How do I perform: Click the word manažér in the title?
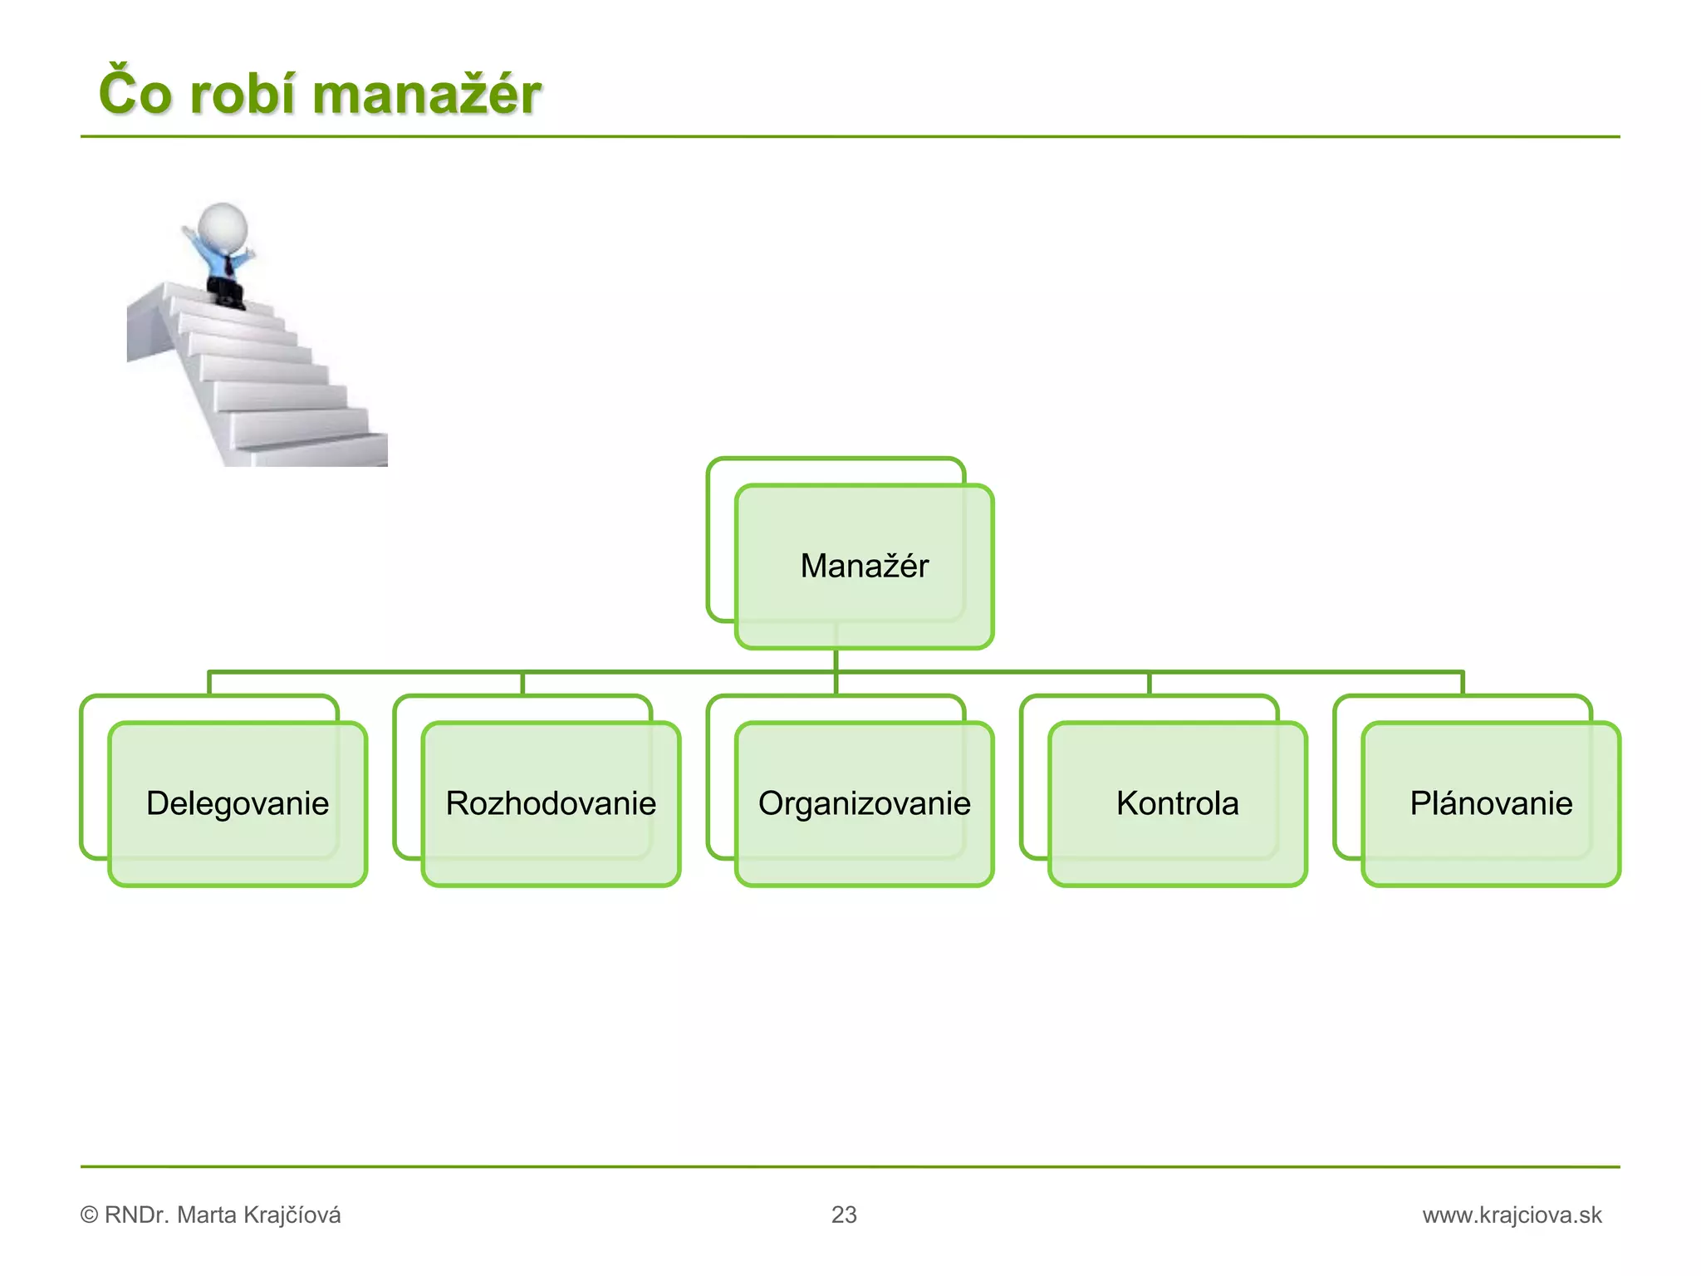click(x=427, y=93)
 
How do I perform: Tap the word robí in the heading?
click(x=241, y=93)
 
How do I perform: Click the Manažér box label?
click(x=864, y=566)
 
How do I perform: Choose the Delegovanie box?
click(x=238, y=803)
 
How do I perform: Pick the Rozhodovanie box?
click(x=551, y=803)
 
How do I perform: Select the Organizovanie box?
click(x=864, y=803)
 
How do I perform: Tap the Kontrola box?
click(x=1177, y=803)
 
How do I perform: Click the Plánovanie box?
click(x=1491, y=803)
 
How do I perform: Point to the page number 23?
click(x=844, y=1215)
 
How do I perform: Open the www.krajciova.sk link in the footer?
click(x=1512, y=1215)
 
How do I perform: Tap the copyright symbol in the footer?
click(x=89, y=1215)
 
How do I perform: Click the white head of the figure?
click(x=223, y=224)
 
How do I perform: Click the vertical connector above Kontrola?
click(x=1149, y=683)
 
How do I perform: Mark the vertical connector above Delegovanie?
click(x=209, y=683)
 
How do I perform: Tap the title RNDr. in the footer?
click(x=137, y=1215)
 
